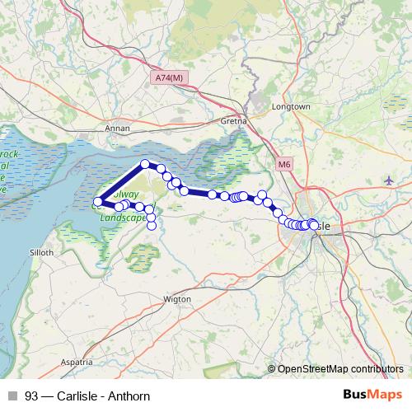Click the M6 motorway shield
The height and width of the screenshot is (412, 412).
(x=284, y=165)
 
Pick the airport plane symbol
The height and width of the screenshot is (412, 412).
(x=389, y=180)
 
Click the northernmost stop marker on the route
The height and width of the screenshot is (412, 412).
(x=145, y=164)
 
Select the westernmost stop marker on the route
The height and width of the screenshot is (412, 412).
(x=98, y=202)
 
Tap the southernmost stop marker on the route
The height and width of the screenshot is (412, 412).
(x=152, y=226)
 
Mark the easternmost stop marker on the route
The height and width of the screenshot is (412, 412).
(x=314, y=224)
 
